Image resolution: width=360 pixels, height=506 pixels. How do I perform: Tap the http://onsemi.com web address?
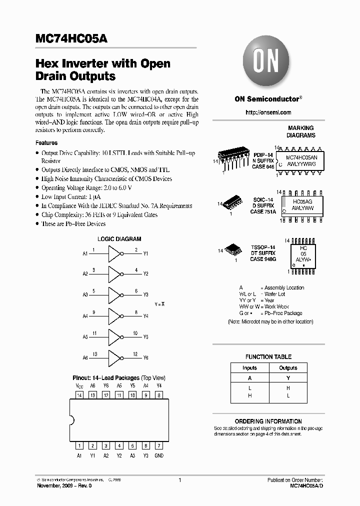tap(268, 113)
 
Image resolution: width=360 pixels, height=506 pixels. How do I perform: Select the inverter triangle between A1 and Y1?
tap(114, 254)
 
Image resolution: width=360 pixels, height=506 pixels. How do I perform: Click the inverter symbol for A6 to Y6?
tap(114, 358)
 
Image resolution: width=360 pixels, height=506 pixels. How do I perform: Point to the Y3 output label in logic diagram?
tap(146, 295)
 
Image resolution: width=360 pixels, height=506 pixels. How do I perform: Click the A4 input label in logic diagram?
tap(85, 316)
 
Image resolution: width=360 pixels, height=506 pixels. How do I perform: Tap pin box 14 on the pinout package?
tap(79, 395)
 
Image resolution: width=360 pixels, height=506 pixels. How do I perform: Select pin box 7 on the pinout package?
tap(158, 445)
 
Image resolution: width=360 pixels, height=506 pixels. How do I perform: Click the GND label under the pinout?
tap(158, 455)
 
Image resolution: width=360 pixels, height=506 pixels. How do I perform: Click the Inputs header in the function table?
tap(249, 368)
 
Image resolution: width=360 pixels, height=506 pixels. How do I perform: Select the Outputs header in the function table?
tap(288, 368)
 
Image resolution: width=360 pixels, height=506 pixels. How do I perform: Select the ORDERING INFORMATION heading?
tap(268, 421)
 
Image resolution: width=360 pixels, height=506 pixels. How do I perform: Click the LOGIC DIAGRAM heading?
tap(119, 239)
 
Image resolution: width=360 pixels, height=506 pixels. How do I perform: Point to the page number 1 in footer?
tap(179, 480)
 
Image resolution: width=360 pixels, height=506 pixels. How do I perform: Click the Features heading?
tap(46, 143)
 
